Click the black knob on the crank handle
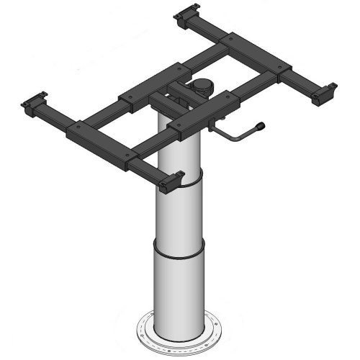pos(260,127)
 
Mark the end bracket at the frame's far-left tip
pos(34,105)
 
